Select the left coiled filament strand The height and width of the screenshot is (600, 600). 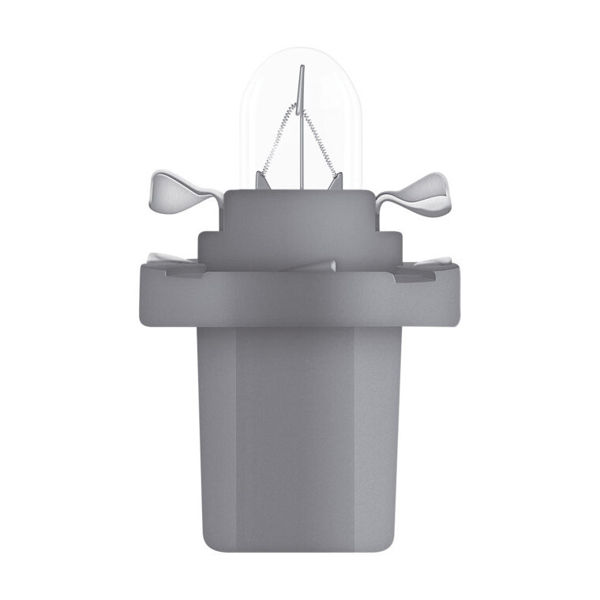279,142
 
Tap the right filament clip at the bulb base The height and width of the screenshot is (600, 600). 336,181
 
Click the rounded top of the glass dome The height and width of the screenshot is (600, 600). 300,52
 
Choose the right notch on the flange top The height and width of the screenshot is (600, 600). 414,272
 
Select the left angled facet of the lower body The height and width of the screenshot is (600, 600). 215,426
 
